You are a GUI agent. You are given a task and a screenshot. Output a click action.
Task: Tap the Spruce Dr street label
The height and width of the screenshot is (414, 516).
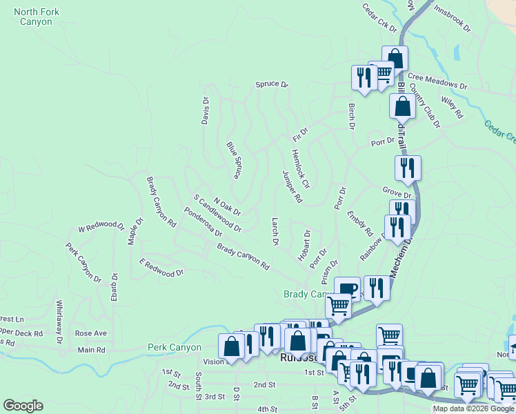click(271, 84)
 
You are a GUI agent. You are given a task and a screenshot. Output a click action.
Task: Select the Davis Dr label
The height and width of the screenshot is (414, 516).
click(205, 110)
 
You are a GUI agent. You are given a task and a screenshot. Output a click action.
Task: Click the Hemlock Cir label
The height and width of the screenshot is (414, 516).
click(301, 169)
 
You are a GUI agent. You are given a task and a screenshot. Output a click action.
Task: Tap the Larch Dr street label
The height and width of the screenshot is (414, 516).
click(275, 233)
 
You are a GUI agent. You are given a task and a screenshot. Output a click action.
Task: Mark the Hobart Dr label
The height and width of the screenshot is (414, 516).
click(304, 244)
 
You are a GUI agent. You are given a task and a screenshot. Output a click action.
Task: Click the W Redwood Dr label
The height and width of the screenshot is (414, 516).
click(101, 227)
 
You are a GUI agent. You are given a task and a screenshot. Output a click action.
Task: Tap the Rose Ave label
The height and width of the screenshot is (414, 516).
click(91, 333)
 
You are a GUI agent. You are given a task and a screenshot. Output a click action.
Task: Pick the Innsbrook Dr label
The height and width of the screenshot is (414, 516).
click(452, 20)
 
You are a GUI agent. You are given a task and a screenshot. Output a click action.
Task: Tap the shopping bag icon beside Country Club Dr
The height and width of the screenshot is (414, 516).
click(402, 106)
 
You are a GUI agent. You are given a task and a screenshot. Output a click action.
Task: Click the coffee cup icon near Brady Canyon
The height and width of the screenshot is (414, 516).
click(347, 288)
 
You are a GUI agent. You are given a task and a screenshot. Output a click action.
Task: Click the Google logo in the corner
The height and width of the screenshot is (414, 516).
click(23, 406)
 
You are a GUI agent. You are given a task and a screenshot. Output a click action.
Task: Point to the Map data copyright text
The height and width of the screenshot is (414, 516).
click(473, 408)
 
